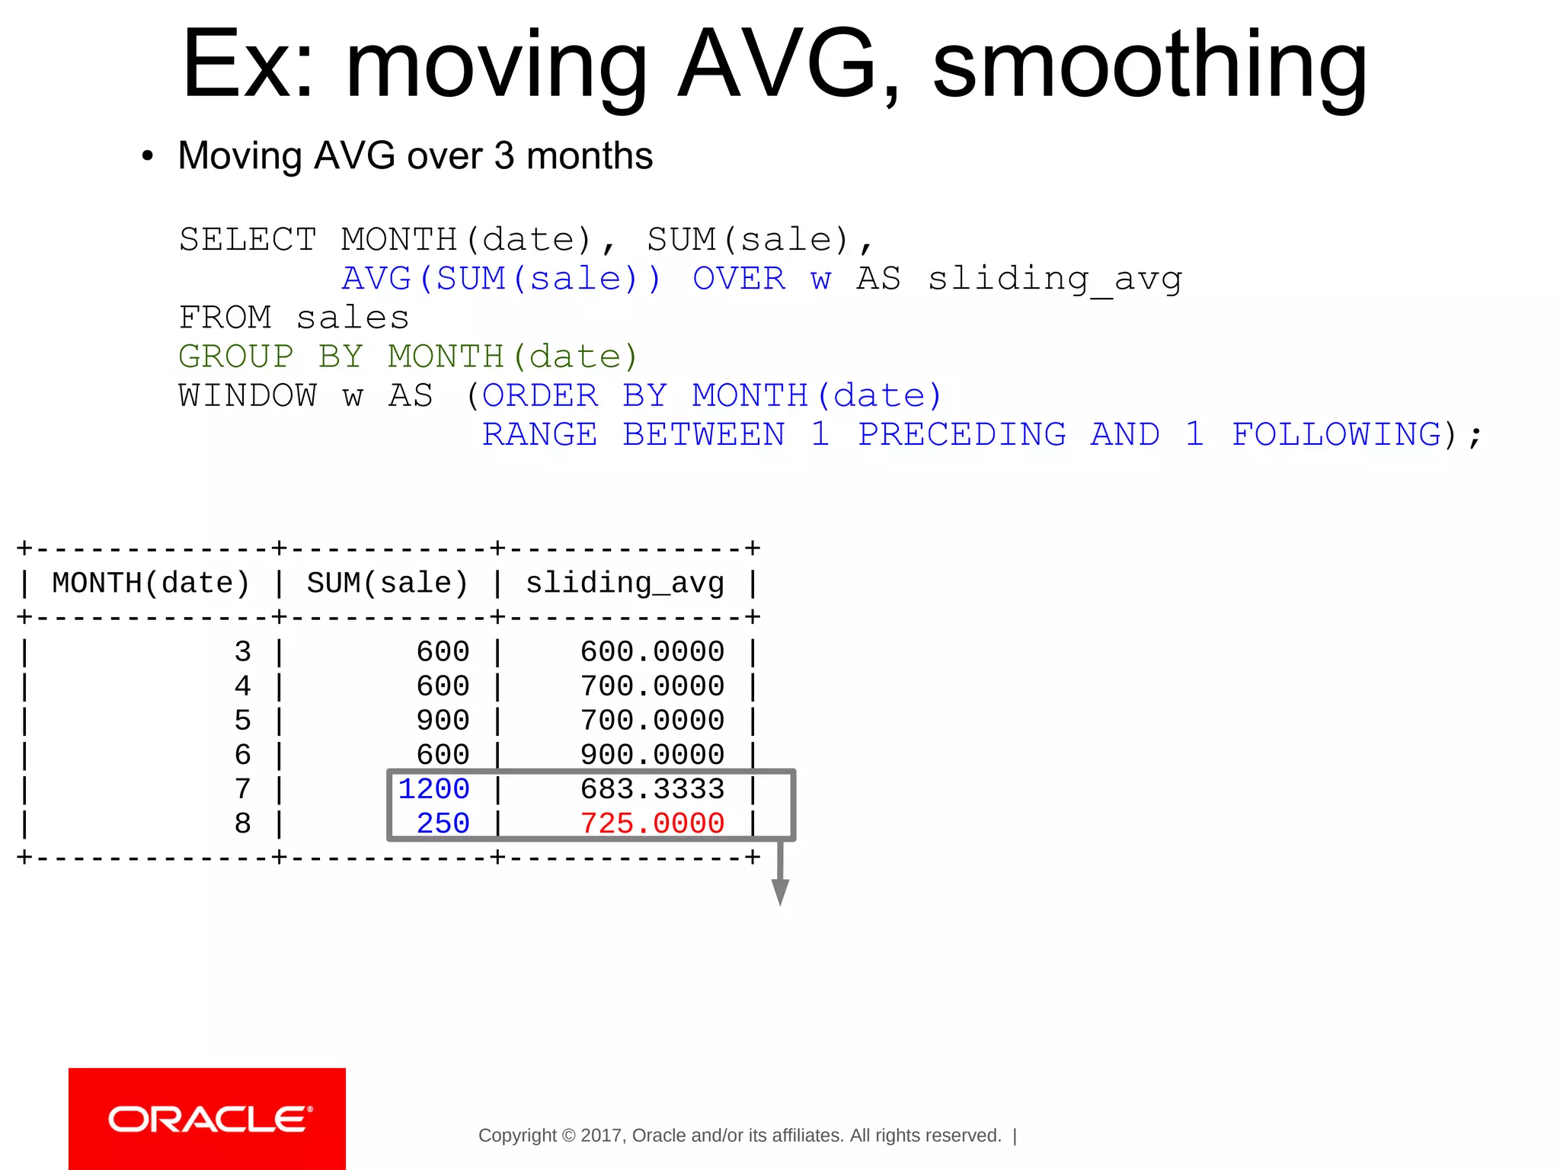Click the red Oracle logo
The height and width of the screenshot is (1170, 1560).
tap(207, 1118)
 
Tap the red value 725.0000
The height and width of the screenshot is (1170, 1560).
tap(652, 823)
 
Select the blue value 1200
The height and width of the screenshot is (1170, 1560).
tap(433, 789)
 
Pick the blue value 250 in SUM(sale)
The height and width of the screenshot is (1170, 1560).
tap(443, 823)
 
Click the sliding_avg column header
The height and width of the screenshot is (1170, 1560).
tap(625, 583)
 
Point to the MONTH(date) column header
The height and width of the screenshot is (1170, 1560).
tap(151, 583)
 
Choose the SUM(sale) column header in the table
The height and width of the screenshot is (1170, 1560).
tap(387, 583)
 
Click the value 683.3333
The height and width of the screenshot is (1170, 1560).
tap(652, 789)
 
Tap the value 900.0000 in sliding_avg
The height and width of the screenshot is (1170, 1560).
tap(652, 755)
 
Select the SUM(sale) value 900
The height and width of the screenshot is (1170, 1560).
tap(443, 721)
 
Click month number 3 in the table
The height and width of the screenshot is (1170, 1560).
tap(242, 652)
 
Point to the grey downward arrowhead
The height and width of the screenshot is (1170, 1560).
tap(780, 891)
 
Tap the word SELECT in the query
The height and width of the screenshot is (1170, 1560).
tap(248, 240)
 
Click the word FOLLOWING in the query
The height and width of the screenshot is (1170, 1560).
tap(1337, 435)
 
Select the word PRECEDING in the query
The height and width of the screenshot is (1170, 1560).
tap(962, 435)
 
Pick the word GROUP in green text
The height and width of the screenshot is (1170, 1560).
tap(236, 356)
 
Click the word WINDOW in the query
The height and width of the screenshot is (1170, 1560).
tap(248, 396)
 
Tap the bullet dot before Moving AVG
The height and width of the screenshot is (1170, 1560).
tap(148, 156)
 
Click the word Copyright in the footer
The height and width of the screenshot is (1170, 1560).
tap(517, 1136)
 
